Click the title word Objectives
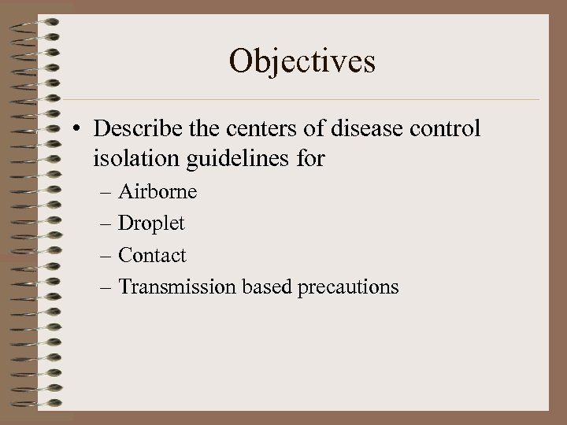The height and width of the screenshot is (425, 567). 302,61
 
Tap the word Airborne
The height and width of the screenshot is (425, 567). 157,192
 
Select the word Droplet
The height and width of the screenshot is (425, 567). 151,224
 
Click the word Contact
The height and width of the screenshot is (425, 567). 152,255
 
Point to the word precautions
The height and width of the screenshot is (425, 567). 348,286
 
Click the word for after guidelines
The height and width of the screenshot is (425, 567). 311,161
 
